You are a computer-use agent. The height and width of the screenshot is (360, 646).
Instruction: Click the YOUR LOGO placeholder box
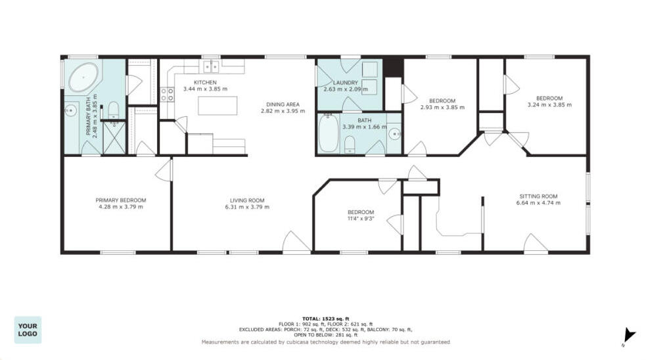point(28,330)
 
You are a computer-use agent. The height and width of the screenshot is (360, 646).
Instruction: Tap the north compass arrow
point(629,335)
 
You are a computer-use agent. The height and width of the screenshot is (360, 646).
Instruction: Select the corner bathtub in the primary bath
point(83,78)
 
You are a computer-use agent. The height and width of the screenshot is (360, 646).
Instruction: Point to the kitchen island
point(217,105)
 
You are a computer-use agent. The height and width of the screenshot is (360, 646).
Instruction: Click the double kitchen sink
point(211,66)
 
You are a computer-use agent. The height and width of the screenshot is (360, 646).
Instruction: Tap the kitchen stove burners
point(168,94)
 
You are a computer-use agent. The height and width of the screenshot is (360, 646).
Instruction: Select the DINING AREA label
point(283,104)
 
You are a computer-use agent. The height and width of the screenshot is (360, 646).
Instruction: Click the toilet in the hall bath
point(350,144)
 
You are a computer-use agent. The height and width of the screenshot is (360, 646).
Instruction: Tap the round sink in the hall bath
point(394,135)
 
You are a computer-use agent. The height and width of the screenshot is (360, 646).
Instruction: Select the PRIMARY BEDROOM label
point(120,200)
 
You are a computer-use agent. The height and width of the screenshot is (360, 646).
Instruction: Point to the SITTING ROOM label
point(538,196)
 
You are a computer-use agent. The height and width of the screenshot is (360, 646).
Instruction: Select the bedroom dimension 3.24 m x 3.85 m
point(549,104)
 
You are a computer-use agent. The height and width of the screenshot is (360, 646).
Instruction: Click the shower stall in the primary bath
point(114,138)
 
